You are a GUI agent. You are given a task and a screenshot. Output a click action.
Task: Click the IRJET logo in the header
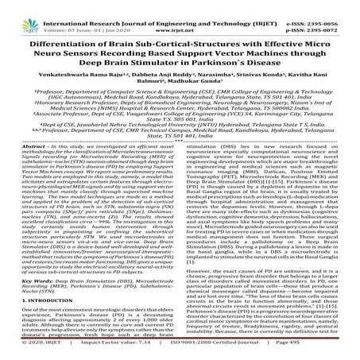click(x=17, y=10)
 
